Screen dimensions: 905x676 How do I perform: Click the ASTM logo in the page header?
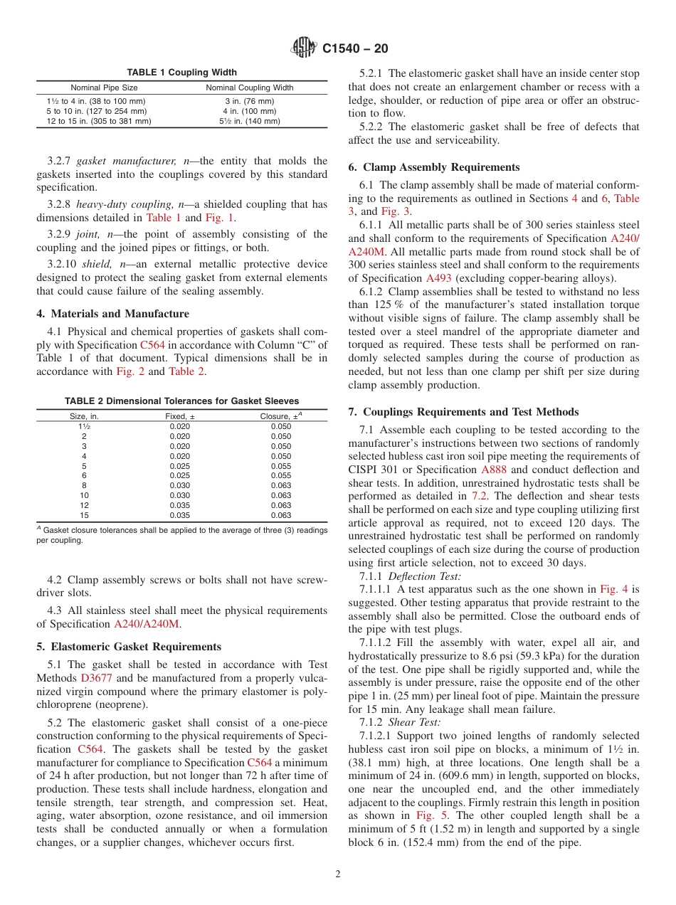[304, 48]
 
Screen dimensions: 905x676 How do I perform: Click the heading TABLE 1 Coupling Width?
[181, 73]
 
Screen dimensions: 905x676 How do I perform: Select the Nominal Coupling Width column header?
[249, 88]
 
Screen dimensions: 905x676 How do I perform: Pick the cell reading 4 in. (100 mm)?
[249, 111]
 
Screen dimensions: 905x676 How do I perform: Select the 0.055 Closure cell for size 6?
[281, 475]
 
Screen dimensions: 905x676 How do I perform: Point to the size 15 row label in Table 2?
[84, 515]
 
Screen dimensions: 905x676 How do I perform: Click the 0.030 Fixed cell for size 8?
[180, 485]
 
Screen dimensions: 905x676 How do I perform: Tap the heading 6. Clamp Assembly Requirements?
[433, 167]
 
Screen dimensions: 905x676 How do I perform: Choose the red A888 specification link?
[495, 470]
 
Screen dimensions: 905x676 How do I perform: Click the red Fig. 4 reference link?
[613, 589]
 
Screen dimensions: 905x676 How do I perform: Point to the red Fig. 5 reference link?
[432, 815]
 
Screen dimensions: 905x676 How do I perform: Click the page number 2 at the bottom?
[338, 874]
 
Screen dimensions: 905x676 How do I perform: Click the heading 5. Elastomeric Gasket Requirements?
[129, 647]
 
